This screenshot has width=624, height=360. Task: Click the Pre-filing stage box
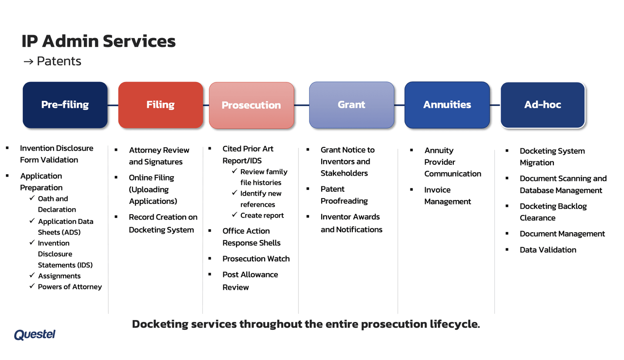tap(65, 105)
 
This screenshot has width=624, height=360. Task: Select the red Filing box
tap(160, 105)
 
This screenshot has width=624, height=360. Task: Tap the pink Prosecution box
tap(251, 105)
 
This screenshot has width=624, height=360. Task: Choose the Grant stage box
tap(351, 105)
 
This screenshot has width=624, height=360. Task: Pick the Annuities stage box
tap(447, 105)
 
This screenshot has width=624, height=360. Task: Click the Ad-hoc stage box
tap(543, 105)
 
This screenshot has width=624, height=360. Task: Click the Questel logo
tap(35, 335)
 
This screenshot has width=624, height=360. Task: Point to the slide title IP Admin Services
tap(98, 41)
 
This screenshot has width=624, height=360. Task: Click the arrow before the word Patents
tap(28, 61)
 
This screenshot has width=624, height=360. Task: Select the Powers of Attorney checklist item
tap(70, 287)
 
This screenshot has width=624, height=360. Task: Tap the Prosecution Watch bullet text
tap(256, 259)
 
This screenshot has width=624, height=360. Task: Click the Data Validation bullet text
tap(548, 250)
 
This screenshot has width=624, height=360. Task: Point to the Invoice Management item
tap(447, 196)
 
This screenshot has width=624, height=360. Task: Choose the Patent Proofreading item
tap(344, 195)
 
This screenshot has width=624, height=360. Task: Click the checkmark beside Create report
tap(234, 215)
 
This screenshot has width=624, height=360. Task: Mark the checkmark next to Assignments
tap(32, 276)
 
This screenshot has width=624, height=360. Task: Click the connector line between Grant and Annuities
tap(399, 105)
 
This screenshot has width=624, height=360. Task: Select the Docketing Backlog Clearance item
tap(553, 212)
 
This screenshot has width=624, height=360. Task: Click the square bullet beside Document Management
tap(507, 234)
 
